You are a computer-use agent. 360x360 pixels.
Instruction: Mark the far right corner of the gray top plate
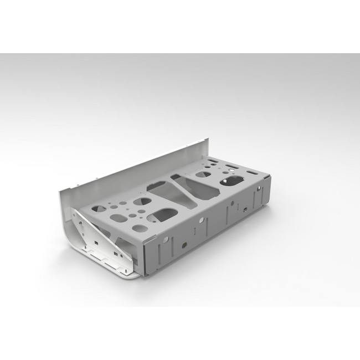click(x=270, y=177)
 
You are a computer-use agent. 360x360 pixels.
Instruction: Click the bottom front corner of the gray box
click(x=145, y=276)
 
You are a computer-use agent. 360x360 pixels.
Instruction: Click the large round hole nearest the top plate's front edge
click(x=141, y=228)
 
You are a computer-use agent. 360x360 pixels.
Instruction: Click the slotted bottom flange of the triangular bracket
click(x=114, y=260)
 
